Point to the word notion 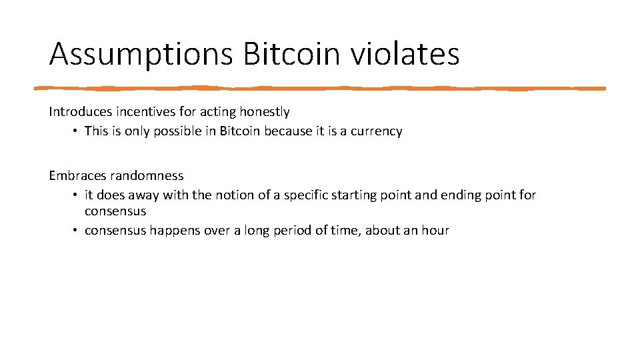pyautogui.click(x=233, y=195)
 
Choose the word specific pyautogui.click(x=306, y=195)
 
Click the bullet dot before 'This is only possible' pyautogui.click(x=76, y=131)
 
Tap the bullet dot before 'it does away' pyautogui.click(x=76, y=195)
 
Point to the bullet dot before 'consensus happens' pyautogui.click(x=76, y=231)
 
